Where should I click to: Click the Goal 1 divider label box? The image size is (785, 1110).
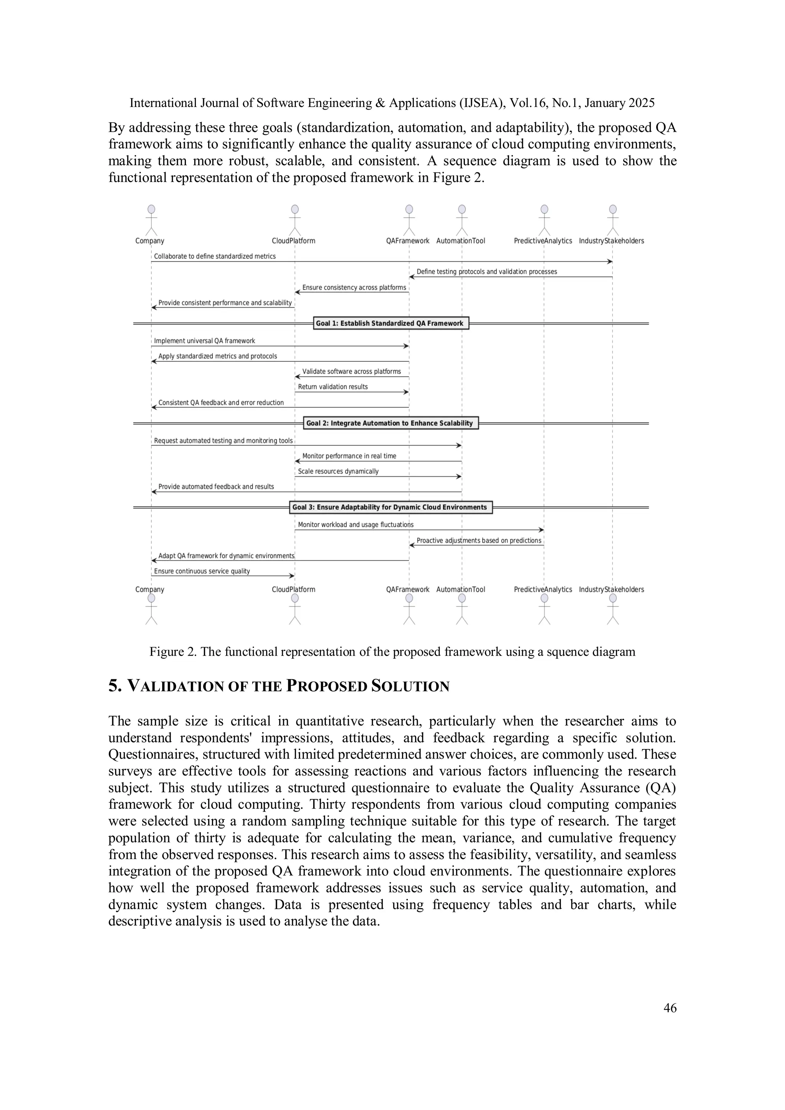coord(390,323)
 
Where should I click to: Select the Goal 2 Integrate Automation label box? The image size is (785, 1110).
coord(390,423)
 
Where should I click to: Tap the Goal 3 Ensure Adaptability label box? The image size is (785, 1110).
coord(390,507)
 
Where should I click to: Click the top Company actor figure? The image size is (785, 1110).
coord(151,220)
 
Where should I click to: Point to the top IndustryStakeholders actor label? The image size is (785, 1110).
coord(611,241)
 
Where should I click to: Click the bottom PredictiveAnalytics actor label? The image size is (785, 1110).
coord(543,589)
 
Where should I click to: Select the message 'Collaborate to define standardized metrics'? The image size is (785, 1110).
coord(215,256)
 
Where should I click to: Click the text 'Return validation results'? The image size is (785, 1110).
coord(333,387)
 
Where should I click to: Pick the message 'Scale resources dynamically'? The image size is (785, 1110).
coord(338,471)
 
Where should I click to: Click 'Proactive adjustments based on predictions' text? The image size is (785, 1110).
coord(479,541)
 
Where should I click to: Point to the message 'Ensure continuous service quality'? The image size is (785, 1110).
coord(202,571)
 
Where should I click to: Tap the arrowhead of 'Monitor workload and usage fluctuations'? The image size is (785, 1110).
coord(541,530)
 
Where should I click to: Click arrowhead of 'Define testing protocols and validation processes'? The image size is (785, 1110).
coord(412,277)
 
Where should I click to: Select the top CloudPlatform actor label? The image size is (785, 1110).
coord(294,241)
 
